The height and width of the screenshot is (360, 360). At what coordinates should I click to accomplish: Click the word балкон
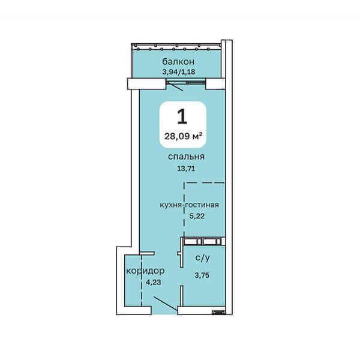pyautogui.click(x=178, y=62)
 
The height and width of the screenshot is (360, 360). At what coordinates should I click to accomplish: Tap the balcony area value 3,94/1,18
pyautogui.click(x=179, y=72)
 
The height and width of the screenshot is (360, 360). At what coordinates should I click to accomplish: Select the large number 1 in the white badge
pyautogui.click(x=182, y=116)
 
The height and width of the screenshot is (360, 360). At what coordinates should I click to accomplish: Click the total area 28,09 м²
pyautogui.click(x=183, y=136)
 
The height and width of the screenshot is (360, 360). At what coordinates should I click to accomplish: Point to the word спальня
pyautogui.click(x=186, y=157)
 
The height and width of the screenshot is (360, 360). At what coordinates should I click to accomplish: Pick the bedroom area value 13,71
pyautogui.click(x=186, y=169)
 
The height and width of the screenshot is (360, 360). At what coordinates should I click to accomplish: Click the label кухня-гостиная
pyautogui.click(x=189, y=205)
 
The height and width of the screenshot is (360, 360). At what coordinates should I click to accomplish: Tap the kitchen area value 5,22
pyautogui.click(x=197, y=216)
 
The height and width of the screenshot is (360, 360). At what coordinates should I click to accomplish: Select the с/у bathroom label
pyautogui.click(x=202, y=258)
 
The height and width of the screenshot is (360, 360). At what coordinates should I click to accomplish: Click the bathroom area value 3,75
pyautogui.click(x=202, y=275)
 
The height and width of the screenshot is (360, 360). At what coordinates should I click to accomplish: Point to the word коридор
pyautogui.click(x=145, y=271)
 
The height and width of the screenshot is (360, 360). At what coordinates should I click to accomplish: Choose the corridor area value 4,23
pyautogui.click(x=154, y=282)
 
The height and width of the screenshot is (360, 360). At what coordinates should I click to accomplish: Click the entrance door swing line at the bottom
pyautogui.click(x=166, y=304)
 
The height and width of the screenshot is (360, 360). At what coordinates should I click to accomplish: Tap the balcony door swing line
pyautogui.click(x=175, y=86)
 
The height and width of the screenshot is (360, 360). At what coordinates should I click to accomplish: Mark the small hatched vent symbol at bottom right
pyautogui.click(x=218, y=312)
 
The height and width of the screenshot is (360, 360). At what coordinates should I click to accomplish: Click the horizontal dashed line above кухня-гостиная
pyautogui.click(x=205, y=183)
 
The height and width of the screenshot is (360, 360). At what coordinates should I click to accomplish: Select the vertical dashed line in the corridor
pyautogui.click(x=142, y=281)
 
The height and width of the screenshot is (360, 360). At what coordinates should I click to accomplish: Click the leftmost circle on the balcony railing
pyautogui.click(x=138, y=49)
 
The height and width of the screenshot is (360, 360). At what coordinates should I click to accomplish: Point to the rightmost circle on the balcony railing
pyautogui.click(x=208, y=49)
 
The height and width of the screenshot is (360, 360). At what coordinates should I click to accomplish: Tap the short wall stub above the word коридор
pyautogui.click(x=147, y=253)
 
